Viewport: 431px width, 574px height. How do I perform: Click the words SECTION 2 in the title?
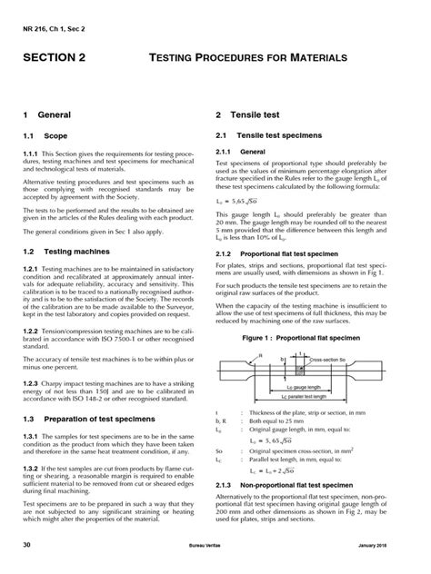pyautogui.click(x=60, y=57)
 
